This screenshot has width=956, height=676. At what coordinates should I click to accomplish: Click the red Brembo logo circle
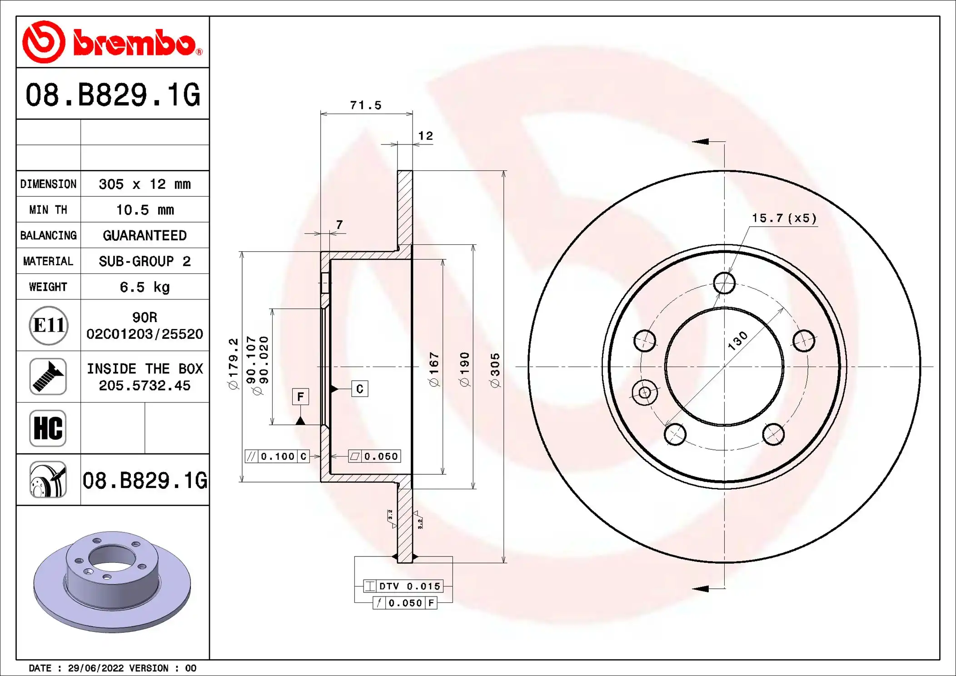pos(44,42)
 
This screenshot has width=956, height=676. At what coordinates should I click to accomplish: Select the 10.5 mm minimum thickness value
pos(145,210)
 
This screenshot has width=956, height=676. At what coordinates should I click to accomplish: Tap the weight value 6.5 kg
pos(144,287)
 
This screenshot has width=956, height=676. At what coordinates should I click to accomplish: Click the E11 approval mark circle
pos(49,325)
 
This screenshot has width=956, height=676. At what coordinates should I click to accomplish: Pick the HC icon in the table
pos(48,428)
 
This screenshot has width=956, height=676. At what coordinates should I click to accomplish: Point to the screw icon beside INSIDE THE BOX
pos(48,377)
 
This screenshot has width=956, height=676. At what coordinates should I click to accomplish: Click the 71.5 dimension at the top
pos(366,105)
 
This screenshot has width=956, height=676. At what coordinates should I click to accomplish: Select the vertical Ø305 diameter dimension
pos(495,370)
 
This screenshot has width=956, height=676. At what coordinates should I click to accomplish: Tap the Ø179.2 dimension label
pos(233,363)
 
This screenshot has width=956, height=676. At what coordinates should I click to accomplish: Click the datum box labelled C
pos(360,389)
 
